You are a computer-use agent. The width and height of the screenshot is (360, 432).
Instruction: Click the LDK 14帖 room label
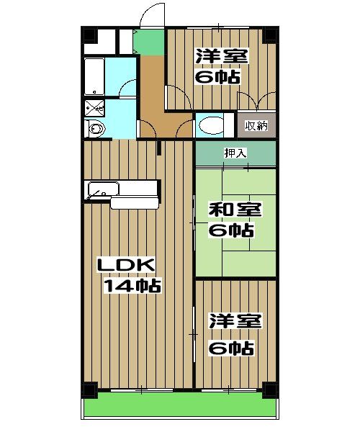tap(129, 275)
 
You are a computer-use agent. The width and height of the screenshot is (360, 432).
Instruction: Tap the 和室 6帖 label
tap(230, 220)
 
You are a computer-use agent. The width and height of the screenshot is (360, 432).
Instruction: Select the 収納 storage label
tap(256, 126)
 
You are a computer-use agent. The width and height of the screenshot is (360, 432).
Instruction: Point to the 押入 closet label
tap(235, 153)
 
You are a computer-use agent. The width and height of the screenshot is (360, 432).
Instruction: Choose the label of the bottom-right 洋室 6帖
tap(230, 337)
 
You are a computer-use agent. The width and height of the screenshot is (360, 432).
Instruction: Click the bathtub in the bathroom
tap(95, 77)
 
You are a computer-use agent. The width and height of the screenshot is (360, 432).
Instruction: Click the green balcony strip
tap(180, 408)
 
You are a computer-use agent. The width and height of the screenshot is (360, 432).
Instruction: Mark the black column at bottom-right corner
tap(270, 389)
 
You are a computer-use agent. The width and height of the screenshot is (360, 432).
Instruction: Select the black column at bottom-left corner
tap(89, 389)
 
